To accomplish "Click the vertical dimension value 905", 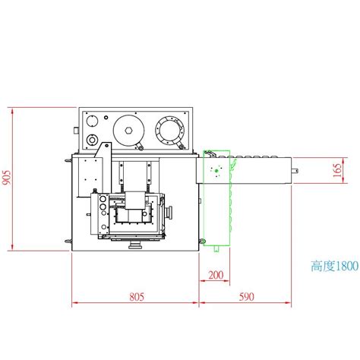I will (7, 178).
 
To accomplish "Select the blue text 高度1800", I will (333, 267).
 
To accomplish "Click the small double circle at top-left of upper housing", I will (92, 121).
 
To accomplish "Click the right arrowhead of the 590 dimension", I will (291, 304).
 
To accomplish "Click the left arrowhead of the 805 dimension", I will (74, 304).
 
